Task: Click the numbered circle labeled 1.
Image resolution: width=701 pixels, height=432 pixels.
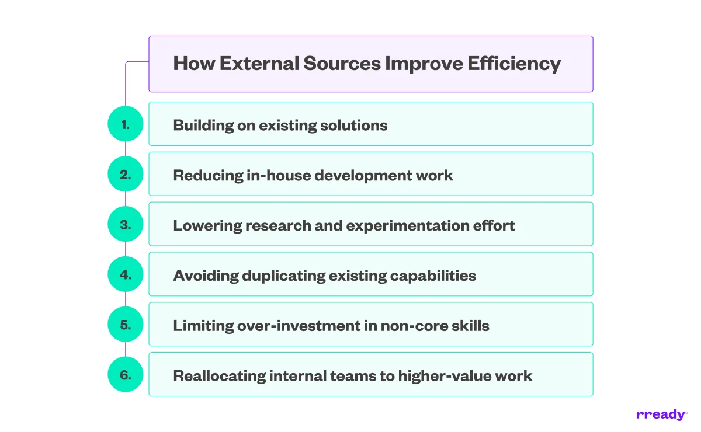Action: click(x=126, y=124)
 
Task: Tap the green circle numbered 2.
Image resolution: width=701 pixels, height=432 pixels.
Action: click(x=126, y=174)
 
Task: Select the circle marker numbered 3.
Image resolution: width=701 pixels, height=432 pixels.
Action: click(x=126, y=224)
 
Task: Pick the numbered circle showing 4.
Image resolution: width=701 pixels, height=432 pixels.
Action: click(x=126, y=274)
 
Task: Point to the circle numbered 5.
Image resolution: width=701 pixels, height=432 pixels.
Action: click(x=126, y=325)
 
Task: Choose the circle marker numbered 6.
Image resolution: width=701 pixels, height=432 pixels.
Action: click(x=126, y=375)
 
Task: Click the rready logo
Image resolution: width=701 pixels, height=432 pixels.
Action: click(x=661, y=415)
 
